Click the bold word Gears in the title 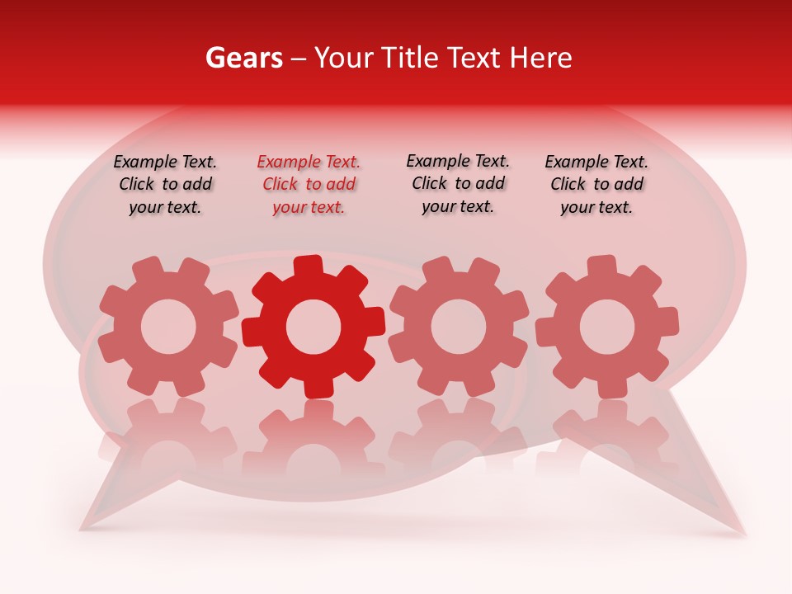(243, 58)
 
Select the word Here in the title (540, 58)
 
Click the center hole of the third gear (458, 326)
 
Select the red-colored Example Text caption (309, 185)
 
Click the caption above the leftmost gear (165, 185)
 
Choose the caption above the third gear (458, 183)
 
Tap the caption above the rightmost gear (596, 185)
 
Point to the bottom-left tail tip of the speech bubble (83, 526)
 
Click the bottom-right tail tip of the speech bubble (742, 534)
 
